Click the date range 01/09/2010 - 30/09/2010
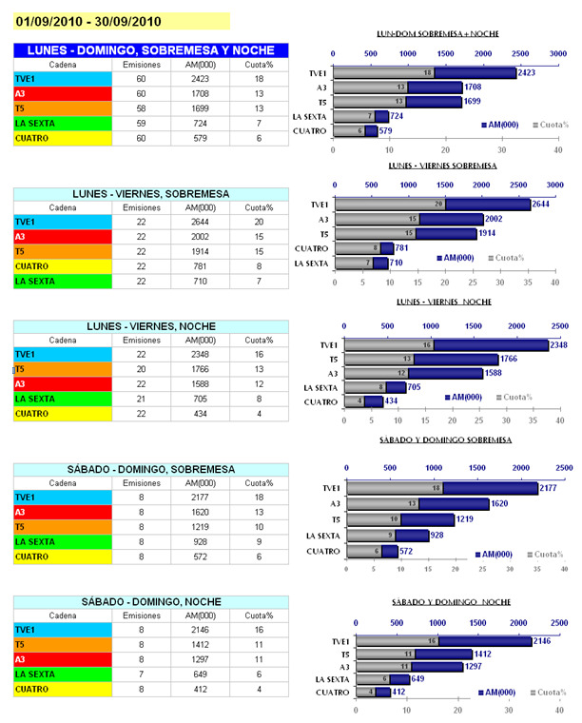tap(87, 20)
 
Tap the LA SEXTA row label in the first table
tap(37, 124)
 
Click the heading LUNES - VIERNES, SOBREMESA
tap(151, 193)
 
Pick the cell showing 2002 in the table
tap(199, 237)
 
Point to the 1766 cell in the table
tap(199, 369)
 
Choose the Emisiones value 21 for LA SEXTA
tap(141, 399)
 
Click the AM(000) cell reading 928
tap(199, 541)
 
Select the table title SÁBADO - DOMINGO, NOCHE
tap(151, 601)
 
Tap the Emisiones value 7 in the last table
tap(141, 674)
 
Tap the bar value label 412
tap(397, 693)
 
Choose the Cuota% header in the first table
tap(259, 64)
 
